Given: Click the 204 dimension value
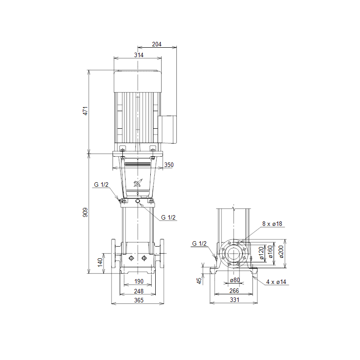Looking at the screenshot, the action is pos(157,44).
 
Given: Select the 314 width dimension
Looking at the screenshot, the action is pos(139,55).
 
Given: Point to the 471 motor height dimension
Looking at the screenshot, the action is pos(85,111).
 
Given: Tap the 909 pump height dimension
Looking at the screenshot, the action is pos(85,212).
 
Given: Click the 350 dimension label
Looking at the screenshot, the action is pos(169,165).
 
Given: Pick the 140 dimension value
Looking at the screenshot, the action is pos(100,262).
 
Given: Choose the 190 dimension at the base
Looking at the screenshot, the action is pos(139,281).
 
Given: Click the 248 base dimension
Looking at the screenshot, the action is pos(139,291).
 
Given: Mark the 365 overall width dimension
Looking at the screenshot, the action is pos(139,300).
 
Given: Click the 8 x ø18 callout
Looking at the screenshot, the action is pos(272,224).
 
